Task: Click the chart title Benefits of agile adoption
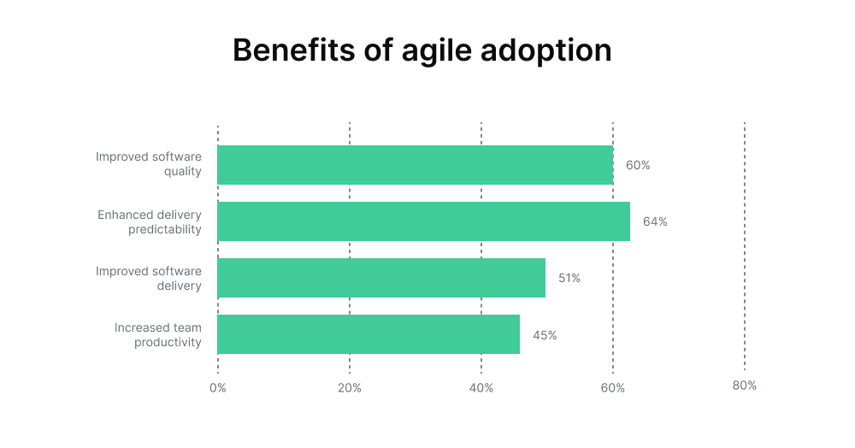[x=422, y=50]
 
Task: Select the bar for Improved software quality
[x=415, y=165]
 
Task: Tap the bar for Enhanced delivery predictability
[x=423, y=221]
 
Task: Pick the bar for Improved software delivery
[x=381, y=278]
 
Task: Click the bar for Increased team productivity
[x=369, y=334]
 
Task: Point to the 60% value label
[x=638, y=165]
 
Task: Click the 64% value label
[x=655, y=221]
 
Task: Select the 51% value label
[x=569, y=278]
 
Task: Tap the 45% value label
[x=545, y=335]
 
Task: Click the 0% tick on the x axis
[x=218, y=387]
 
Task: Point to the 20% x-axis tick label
[x=350, y=387]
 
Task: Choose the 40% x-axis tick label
[x=481, y=387]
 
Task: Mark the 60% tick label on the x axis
[x=613, y=387]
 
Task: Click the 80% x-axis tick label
[x=745, y=386]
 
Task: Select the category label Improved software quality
[x=149, y=164]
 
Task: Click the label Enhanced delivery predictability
[x=150, y=221]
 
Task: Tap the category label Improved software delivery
[x=149, y=278]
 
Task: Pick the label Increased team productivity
[x=158, y=335]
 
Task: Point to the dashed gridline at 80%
[x=745, y=248]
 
